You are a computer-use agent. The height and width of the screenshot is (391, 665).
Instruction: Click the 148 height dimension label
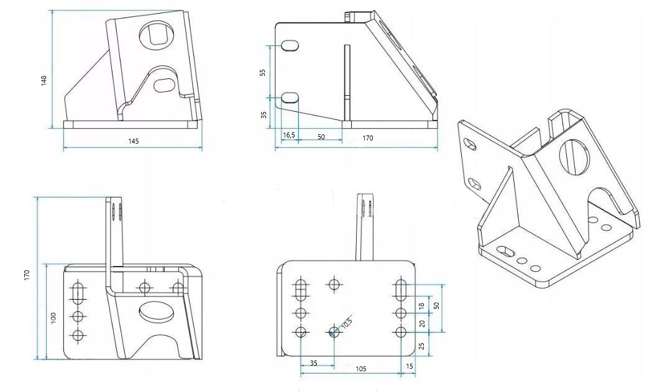pos(44,81)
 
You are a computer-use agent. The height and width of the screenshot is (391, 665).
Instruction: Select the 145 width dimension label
pos(133,141)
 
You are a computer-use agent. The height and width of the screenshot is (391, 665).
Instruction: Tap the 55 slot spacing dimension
pos(262,73)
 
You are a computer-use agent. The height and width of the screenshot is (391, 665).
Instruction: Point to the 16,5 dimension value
pos(289,135)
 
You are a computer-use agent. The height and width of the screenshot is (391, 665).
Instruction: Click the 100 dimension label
pos(53,318)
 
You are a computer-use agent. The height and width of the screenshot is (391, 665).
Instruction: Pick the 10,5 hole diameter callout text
pos(347,323)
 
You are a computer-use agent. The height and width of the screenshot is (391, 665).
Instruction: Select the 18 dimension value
pos(421,306)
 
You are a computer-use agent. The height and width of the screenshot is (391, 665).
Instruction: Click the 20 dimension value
pos(421,324)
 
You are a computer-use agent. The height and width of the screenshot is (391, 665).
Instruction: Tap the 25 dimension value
pos(421,346)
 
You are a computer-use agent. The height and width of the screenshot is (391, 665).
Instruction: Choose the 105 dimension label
pos(360,369)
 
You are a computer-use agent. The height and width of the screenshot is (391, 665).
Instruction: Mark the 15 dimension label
pos(410,366)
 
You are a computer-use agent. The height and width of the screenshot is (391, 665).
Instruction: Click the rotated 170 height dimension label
pos(27,275)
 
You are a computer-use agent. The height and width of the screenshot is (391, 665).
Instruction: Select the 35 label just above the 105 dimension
pos(313,363)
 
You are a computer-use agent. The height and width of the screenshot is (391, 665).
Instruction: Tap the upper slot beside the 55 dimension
pos(290,45)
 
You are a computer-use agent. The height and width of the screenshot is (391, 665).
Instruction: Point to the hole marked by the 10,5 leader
pos(334,331)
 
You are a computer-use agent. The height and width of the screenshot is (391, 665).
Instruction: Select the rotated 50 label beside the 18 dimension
pos(436,305)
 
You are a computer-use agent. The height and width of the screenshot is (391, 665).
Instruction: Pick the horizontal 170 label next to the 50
pos(367,138)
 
